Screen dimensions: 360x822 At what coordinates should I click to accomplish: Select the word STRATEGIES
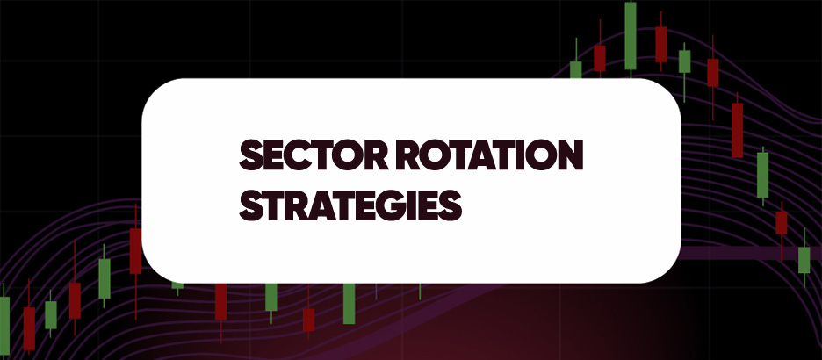pyautogui.click(x=350, y=206)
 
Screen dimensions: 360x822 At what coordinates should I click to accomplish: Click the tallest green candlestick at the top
pyautogui.click(x=630, y=35)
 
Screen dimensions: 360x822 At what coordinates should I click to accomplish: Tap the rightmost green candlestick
pyautogui.click(x=804, y=259)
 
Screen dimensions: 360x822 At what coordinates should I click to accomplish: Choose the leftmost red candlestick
pyautogui.click(x=29, y=327)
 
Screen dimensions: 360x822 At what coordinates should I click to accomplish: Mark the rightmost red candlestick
pyautogui.click(x=781, y=221)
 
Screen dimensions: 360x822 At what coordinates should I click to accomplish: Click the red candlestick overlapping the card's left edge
pyautogui.click(x=135, y=250)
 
